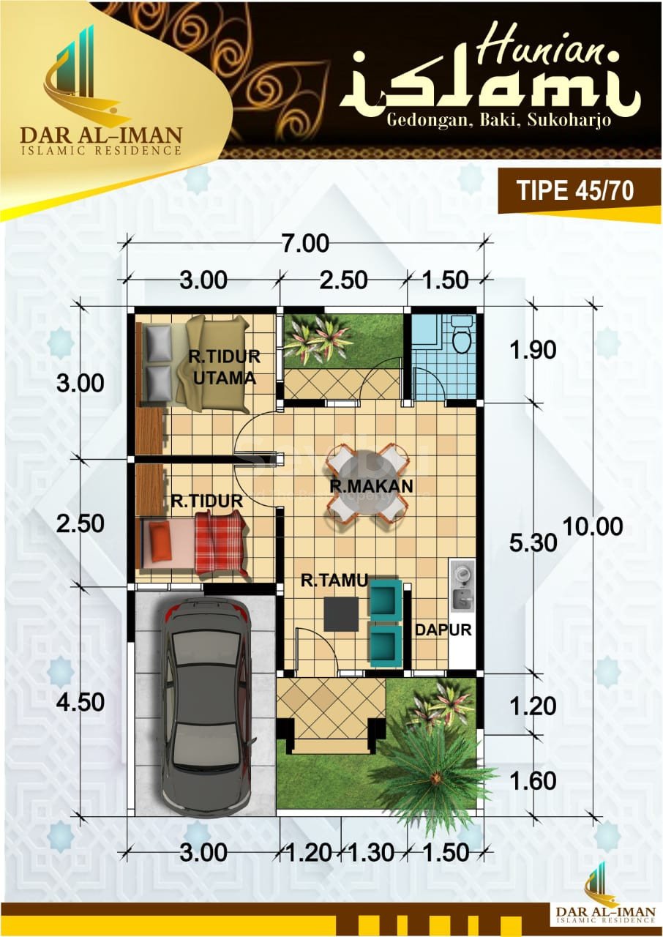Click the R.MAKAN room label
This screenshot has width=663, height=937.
[x=371, y=486]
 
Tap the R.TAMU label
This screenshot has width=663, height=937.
[x=334, y=581]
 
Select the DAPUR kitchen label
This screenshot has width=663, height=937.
[x=443, y=630]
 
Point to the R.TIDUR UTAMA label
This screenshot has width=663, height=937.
[x=225, y=367]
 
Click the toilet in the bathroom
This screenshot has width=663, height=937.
[x=462, y=336]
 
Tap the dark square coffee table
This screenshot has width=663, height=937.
[x=342, y=614]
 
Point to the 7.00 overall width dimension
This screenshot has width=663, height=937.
[x=306, y=244]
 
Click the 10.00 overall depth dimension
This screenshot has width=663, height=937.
[x=593, y=526]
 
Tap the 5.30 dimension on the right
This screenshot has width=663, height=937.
[x=533, y=543]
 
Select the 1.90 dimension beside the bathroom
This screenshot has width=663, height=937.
[x=533, y=350]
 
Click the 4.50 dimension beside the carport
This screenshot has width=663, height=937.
[x=80, y=702]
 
